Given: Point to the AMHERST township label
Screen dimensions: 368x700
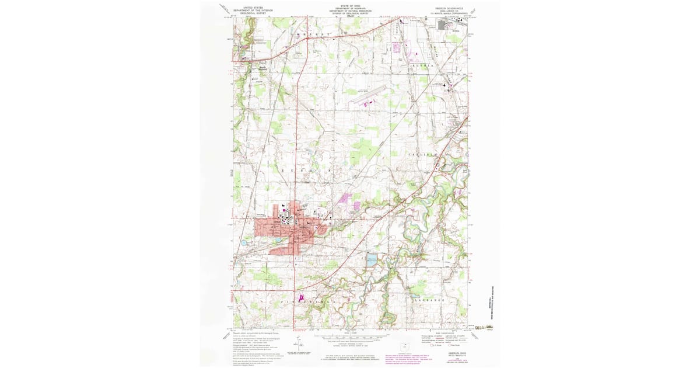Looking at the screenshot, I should [x=313, y=36].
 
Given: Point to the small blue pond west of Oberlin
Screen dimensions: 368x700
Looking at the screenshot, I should [x=242, y=242].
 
